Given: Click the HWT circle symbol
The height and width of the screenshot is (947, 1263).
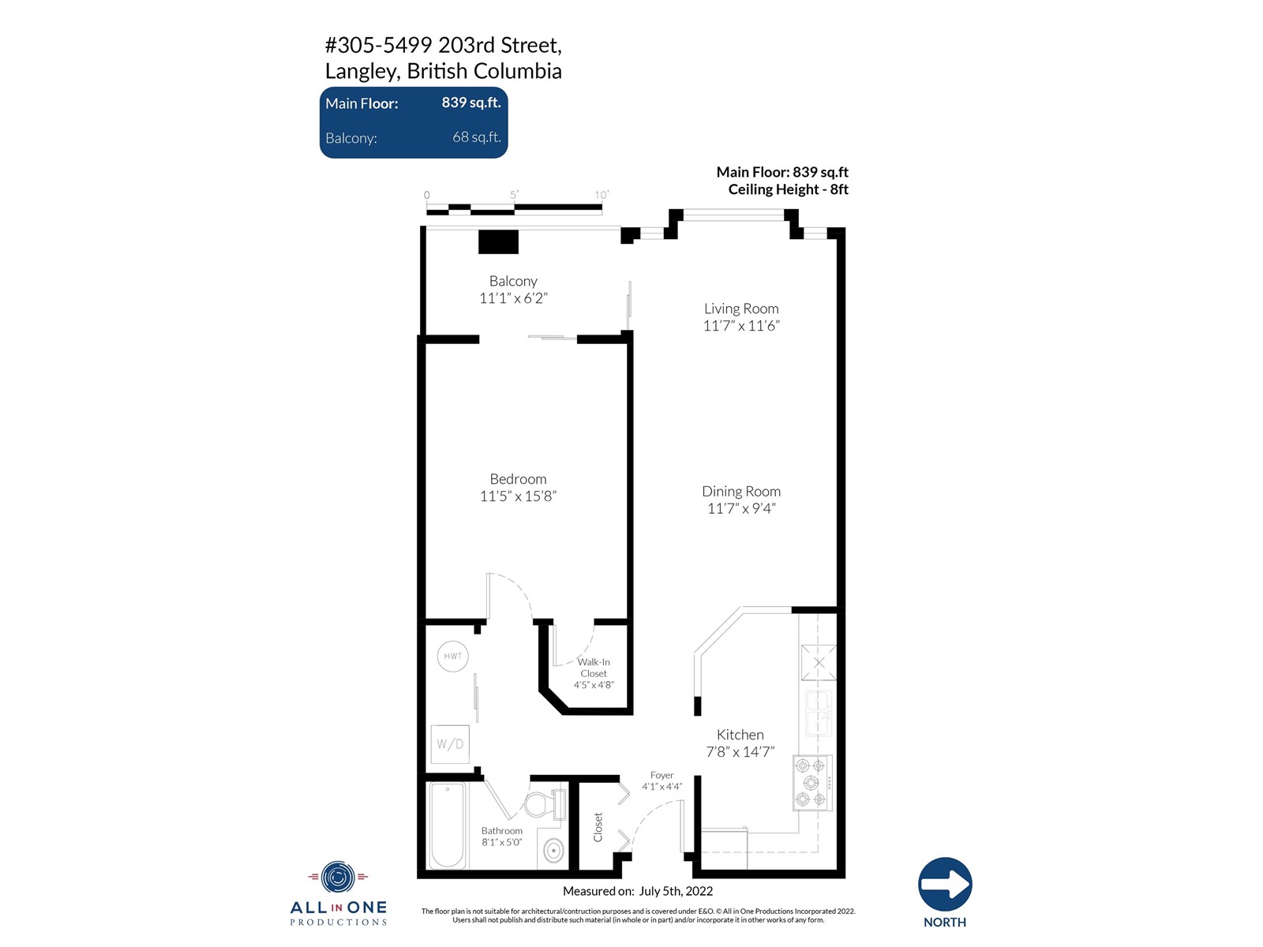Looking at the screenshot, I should click(x=453, y=656).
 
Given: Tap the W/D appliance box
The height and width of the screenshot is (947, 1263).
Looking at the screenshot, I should click(x=450, y=744).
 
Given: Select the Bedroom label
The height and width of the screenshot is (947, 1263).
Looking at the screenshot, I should click(x=518, y=479).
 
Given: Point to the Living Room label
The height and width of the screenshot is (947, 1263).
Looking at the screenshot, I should click(x=741, y=309).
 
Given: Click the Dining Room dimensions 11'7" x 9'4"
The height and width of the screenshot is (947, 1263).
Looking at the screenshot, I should click(x=741, y=509).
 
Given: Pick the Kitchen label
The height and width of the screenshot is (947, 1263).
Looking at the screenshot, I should click(x=740, y=735).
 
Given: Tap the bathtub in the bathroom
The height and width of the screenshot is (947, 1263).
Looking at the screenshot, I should click(x=448, y=825).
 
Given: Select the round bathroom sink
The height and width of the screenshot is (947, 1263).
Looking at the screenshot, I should click(x=553, y=850).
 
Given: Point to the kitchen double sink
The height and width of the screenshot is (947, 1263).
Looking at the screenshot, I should click(x=818, y=713).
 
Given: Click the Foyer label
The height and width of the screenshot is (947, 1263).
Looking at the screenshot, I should click(x=661, y=775).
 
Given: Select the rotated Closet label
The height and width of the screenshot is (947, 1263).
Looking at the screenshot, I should click(x=598, y=827).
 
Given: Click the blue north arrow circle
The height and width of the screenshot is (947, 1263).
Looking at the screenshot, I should click(x=945, y=884).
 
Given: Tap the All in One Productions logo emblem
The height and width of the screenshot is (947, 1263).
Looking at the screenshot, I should click(x=339, y=877).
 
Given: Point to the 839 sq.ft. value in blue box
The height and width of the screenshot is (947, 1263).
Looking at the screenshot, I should click(x=471, y=103).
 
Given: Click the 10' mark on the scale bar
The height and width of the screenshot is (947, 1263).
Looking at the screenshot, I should click(x=602, y=195).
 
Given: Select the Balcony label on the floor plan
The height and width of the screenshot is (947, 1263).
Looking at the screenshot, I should click(x=513, y=281).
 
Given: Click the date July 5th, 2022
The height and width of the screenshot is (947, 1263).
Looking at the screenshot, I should click(x=676, y=891).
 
